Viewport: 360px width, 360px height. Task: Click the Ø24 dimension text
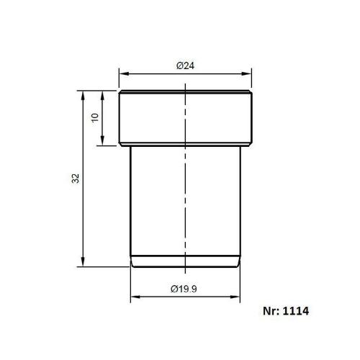pos(186,66)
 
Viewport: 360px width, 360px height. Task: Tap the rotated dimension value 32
pos(76,178)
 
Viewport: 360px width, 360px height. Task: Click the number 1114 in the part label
pos(297,313)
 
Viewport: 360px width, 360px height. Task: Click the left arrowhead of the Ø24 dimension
pos(123,73)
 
